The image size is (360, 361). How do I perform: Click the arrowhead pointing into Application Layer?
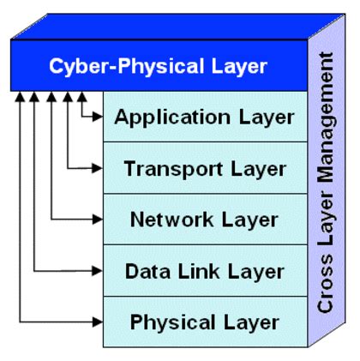(x=97, y=117)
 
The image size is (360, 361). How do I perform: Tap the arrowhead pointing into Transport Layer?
(x=97, y=169)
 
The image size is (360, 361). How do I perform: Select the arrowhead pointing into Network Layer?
(x=97, y=220)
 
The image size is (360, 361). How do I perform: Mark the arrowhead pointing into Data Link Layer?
(x=97, y=272)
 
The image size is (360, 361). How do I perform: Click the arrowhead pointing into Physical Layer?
(x=97, y=322)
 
